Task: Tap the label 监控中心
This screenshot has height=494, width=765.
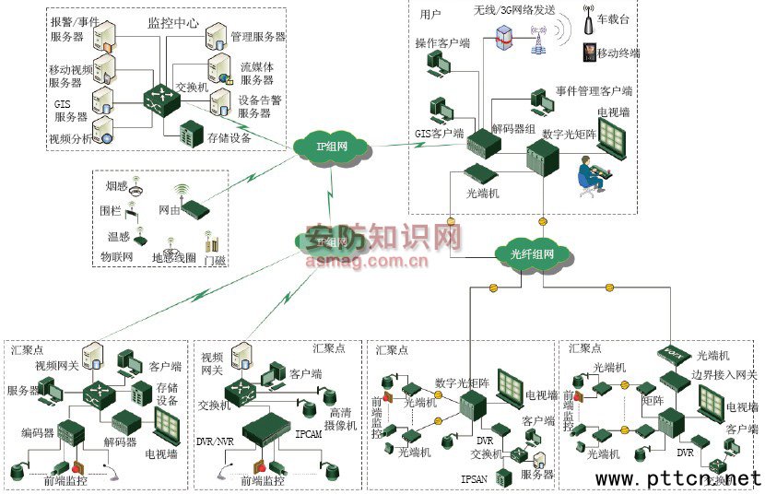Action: pyautogui.click(x=172, y=21)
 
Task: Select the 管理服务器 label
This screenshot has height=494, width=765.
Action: pyautogui.click(x=257, y=37)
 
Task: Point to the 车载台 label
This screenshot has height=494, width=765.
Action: pyautogui.click(x=612, y=19)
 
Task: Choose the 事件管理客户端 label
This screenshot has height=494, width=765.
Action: pyautogui.click(x=594, y=91)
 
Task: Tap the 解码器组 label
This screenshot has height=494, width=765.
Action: pyautogui.click(x=513, y=129)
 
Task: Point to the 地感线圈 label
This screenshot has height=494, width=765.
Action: pyautogui.click(x=173, y=255)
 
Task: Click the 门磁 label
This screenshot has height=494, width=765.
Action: pyautogui.click(x=214, y=261)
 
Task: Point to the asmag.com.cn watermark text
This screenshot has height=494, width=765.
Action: pyautogui.click(x=366, y=261)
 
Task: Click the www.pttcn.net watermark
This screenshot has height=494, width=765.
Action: pyautogui.click(x=678, y=479)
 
